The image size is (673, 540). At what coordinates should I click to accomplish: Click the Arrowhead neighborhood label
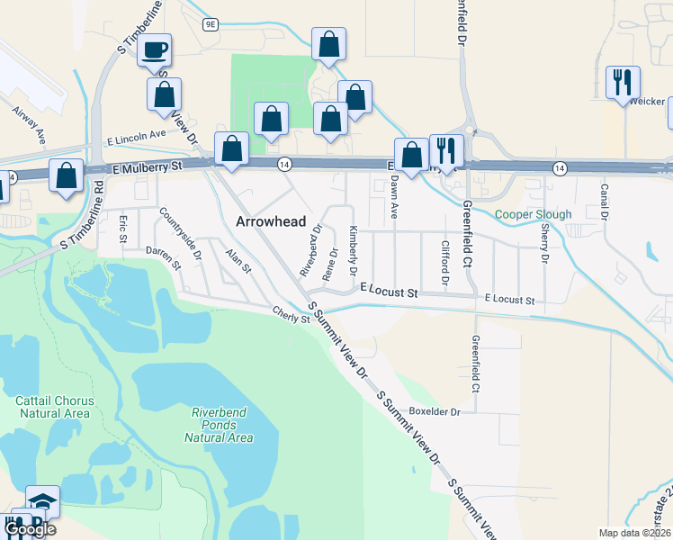tap(270, 221)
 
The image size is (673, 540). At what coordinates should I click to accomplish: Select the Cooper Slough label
tap(533, 215)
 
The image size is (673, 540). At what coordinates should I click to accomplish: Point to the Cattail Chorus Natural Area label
tap(52, 406)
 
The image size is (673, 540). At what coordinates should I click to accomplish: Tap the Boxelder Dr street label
tap(435, 411)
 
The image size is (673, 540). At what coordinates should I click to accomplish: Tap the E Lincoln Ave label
tap(136, 137)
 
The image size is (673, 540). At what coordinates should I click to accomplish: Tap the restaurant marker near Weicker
tap(622, 83)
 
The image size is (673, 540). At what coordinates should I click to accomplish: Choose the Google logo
tap(29, 529)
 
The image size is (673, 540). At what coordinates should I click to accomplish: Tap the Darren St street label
tap(163, 259)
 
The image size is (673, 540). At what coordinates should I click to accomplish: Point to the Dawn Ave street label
tap(394, 199)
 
